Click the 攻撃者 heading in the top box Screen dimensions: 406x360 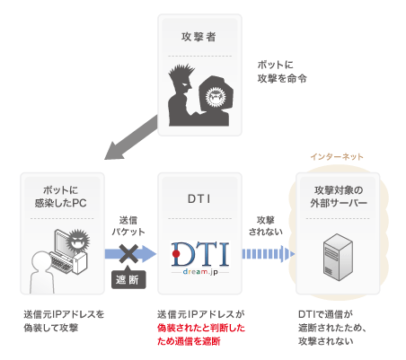pyautogui.click(x=199, y=37)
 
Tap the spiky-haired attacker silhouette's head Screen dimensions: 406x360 pyautogui.click(x=181, y=79)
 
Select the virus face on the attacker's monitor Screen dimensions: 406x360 pyautogui.click(x=216, y=97)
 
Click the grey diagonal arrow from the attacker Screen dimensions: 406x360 pyautogui.click(x=131, y=137)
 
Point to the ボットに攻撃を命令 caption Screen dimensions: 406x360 pyautogui.click(x=282, y=72)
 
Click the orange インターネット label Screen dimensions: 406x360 pyautogui.click(x=337, y=156)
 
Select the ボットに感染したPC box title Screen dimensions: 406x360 pyautogui.click(x=61, y=197)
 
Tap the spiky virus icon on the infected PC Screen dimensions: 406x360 pyautogui.click(x=77, y=240)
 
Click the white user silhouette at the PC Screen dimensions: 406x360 pyautogui.click(x=42, y=272)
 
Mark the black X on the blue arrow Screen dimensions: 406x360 pyautogui.click(x=128, y=254)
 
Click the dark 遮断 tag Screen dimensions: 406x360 pyautogui.click(x=128, y=279)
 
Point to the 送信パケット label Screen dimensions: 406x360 pyautogui.click(x=128, y=226)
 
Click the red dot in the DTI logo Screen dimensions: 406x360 pyautogui.click(x=176, y=254)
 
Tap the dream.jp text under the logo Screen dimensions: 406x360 pyautogui.click(x=200, y=272)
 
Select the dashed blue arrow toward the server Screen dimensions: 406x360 pyautogui.click(x=268, y=254)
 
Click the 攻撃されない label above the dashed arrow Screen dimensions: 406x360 pyautogui.click(x=266, y=226)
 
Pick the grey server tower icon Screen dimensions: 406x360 pyautogui.click(x=338, y=257)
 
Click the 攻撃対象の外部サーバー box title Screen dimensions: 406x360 pyautogui.click(x=339, y=197)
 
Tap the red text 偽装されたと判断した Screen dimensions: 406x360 pyautogui.click(x=201, y=328)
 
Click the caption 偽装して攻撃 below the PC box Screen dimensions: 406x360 pyautogui.click(x=51, y=328)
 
